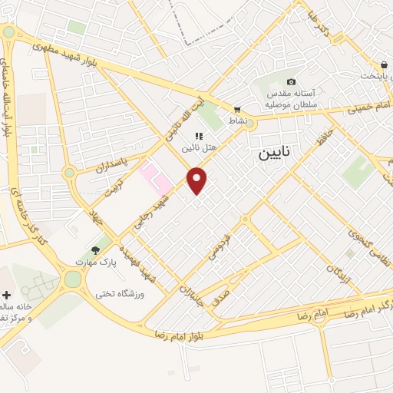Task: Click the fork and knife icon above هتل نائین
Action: (x=199, y=136)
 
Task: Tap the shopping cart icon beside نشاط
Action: (x=237, y=109)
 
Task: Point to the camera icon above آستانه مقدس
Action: (x=291, y=82)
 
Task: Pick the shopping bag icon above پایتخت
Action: (x=383, y=65)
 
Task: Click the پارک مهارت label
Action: (x=94, y=262)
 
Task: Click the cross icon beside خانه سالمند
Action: (x=7, y=295)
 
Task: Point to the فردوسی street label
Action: (x=219, y=246)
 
